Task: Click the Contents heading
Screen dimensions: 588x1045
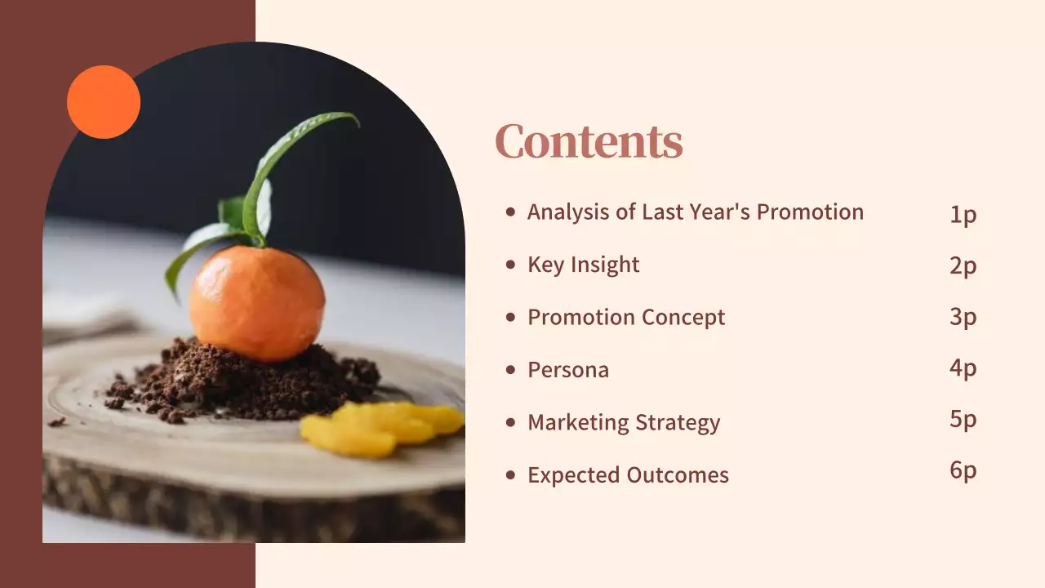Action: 589,141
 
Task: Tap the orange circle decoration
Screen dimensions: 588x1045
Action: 104,102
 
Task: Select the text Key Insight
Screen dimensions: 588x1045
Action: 583,265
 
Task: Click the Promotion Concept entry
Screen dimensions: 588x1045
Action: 626,317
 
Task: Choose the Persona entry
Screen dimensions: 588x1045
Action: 568,370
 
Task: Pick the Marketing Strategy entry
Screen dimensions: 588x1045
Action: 624,422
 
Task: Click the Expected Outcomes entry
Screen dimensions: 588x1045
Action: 628,474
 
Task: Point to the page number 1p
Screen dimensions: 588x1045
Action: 963,215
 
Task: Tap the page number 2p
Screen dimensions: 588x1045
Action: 963,265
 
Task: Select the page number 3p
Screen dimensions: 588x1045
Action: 963,317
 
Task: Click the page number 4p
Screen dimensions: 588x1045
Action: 963,368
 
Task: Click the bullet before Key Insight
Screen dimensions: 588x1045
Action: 511,265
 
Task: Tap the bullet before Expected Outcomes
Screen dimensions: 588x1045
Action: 511,474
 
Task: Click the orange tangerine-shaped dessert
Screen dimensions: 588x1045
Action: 256,302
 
